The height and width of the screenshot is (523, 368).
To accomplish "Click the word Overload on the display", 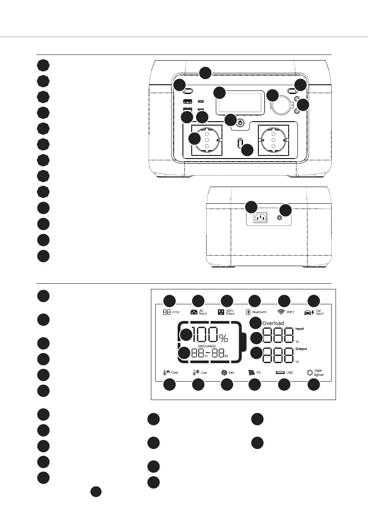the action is coord(273,323).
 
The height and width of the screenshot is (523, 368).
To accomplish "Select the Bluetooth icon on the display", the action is coord(247,312).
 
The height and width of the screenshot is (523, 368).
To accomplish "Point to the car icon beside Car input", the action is coord(309,312).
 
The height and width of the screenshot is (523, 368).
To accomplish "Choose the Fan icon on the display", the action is coord(224,372).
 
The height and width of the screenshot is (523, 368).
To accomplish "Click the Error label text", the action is coord(176,312).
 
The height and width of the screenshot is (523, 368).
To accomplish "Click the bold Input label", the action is coord(300,328).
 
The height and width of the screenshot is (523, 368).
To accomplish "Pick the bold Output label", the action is coord(301,350).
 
